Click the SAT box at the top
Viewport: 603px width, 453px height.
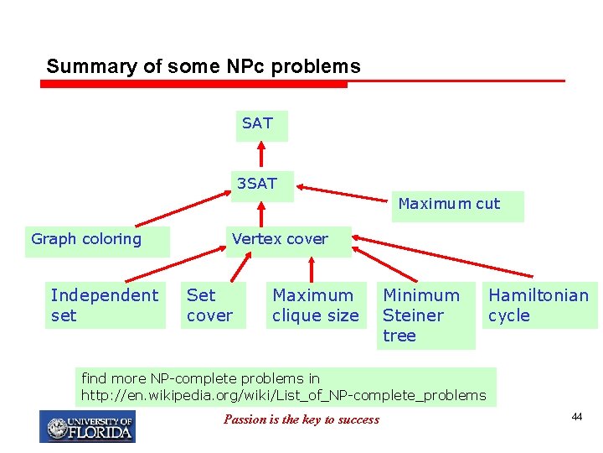pos(260,124)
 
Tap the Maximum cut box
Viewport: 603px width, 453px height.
pos(457,205)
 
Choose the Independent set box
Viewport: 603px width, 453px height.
pos(105,305)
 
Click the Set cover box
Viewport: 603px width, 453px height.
pos(212,305)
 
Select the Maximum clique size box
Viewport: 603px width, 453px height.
pos(316,305)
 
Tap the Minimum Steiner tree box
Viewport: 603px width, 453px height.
pos(425,315)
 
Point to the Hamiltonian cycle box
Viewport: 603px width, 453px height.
pos(541,305)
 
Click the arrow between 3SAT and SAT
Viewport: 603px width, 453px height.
pos(261,156)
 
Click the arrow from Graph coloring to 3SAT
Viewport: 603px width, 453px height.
pos(180,211)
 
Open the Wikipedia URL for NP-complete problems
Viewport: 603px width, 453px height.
pos(283,395)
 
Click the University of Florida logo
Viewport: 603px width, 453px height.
pos(87,427)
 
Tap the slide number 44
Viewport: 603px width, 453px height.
pos(576,418)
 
